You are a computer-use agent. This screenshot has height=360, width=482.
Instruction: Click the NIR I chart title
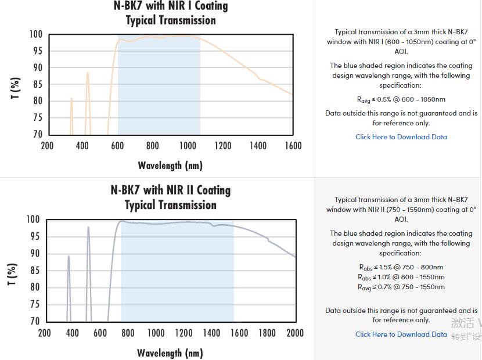tap(170, 13)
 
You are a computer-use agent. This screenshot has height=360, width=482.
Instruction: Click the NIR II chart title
tap(170, 197)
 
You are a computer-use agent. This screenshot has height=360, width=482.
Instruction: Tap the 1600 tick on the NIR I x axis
tap(293, 146)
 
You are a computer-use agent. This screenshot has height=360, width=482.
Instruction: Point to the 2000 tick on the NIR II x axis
tap(295, 333)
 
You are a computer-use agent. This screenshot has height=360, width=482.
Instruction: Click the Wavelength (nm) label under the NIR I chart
tap(170, 165)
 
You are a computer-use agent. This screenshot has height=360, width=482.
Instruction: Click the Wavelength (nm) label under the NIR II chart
tap(170, 353)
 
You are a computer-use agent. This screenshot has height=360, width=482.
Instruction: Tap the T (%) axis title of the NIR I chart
tap(16, 88)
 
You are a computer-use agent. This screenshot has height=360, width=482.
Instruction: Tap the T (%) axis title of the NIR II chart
tap(12, 275)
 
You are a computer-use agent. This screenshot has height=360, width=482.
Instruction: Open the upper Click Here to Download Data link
tap(401, 137)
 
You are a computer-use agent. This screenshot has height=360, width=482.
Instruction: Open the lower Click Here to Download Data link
tap(401, 334)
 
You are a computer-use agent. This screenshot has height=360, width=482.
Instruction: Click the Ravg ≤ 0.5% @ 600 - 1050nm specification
tap(401, 99)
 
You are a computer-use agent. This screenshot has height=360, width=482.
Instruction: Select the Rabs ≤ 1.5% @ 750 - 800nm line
tap(401, 267)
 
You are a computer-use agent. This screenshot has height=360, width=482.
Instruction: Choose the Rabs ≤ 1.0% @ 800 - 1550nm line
tap(401, 277)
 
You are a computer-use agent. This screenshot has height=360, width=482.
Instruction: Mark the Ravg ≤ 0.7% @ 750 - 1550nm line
tap(401, 287)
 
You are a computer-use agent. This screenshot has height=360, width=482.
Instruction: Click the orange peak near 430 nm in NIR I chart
tap(88, 74)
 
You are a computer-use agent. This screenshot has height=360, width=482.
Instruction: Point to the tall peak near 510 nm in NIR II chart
tap(88, 228)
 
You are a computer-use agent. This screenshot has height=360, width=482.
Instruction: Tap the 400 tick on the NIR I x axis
tap(82, 146)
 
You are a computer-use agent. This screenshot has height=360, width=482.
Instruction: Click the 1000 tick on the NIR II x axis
tap(156, 333)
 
